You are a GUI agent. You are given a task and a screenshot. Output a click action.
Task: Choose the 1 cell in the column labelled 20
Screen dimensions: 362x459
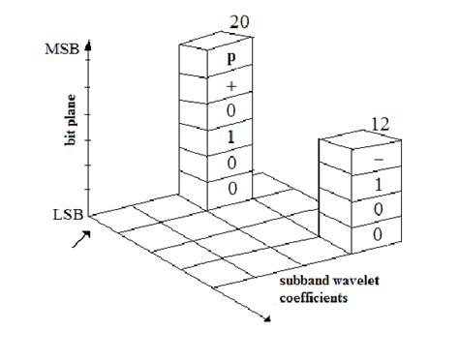point(230,137)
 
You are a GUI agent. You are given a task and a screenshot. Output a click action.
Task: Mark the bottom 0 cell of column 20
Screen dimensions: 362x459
point(230,191)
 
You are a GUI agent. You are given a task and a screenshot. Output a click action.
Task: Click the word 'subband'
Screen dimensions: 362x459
point(302,282)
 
